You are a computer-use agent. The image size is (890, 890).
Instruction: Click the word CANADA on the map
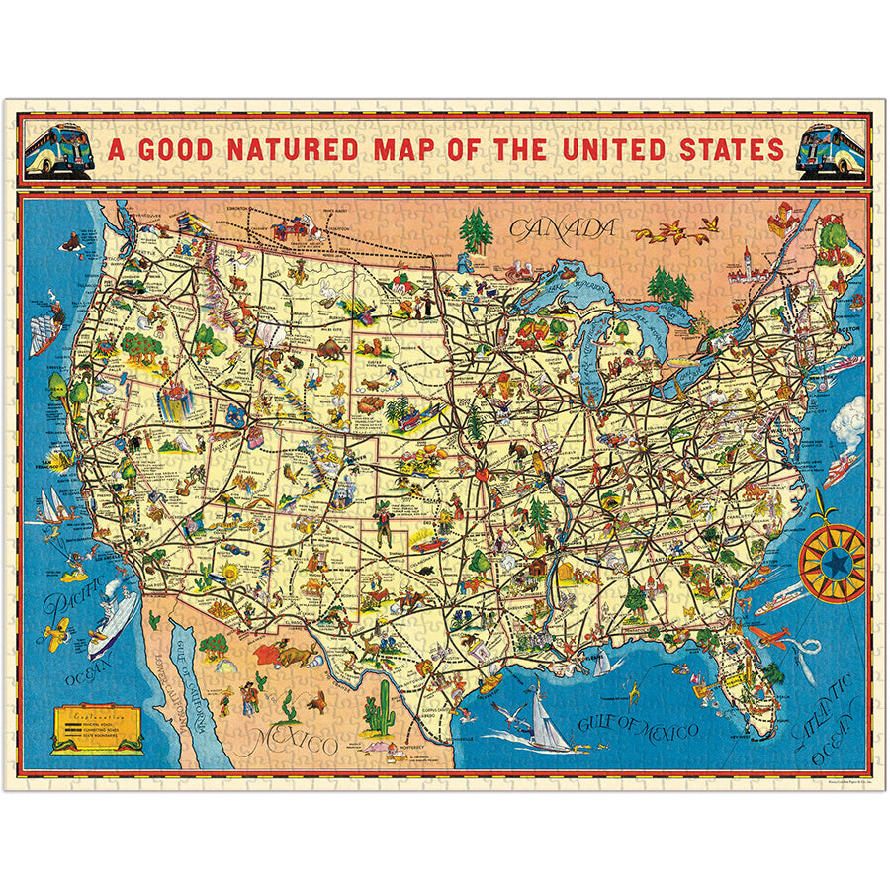pyautogui.click(x=561, y=228)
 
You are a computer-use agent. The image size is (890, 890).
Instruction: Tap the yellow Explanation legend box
pyautogui.click(x=97, y=730)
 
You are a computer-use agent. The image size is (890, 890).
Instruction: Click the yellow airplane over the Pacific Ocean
pyautogui.click(x=57, y=631)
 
